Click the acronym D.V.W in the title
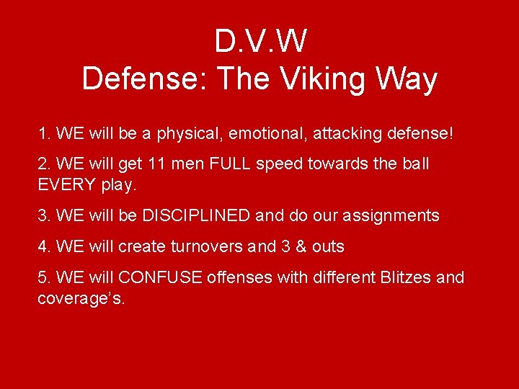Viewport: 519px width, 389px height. point(259,42)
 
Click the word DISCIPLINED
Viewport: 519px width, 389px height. point(196,215)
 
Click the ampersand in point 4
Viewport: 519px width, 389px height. point(301,246)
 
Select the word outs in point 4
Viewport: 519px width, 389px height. point(328,246)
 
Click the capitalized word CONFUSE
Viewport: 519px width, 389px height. point(160,277)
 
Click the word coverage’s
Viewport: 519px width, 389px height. point(81,298)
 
